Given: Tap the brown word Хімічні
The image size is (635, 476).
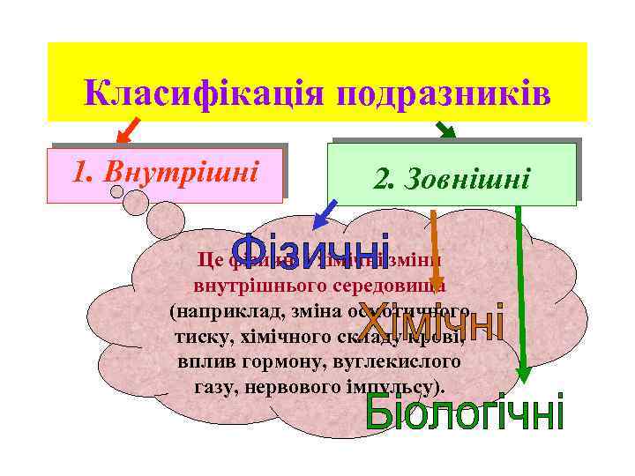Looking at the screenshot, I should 441,324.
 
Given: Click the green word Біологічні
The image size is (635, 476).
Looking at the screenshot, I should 464,413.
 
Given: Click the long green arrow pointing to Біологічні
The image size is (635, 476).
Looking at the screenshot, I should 520,291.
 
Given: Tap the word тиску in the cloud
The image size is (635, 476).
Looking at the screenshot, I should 198,337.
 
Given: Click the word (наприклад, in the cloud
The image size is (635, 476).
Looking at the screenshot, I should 218,312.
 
